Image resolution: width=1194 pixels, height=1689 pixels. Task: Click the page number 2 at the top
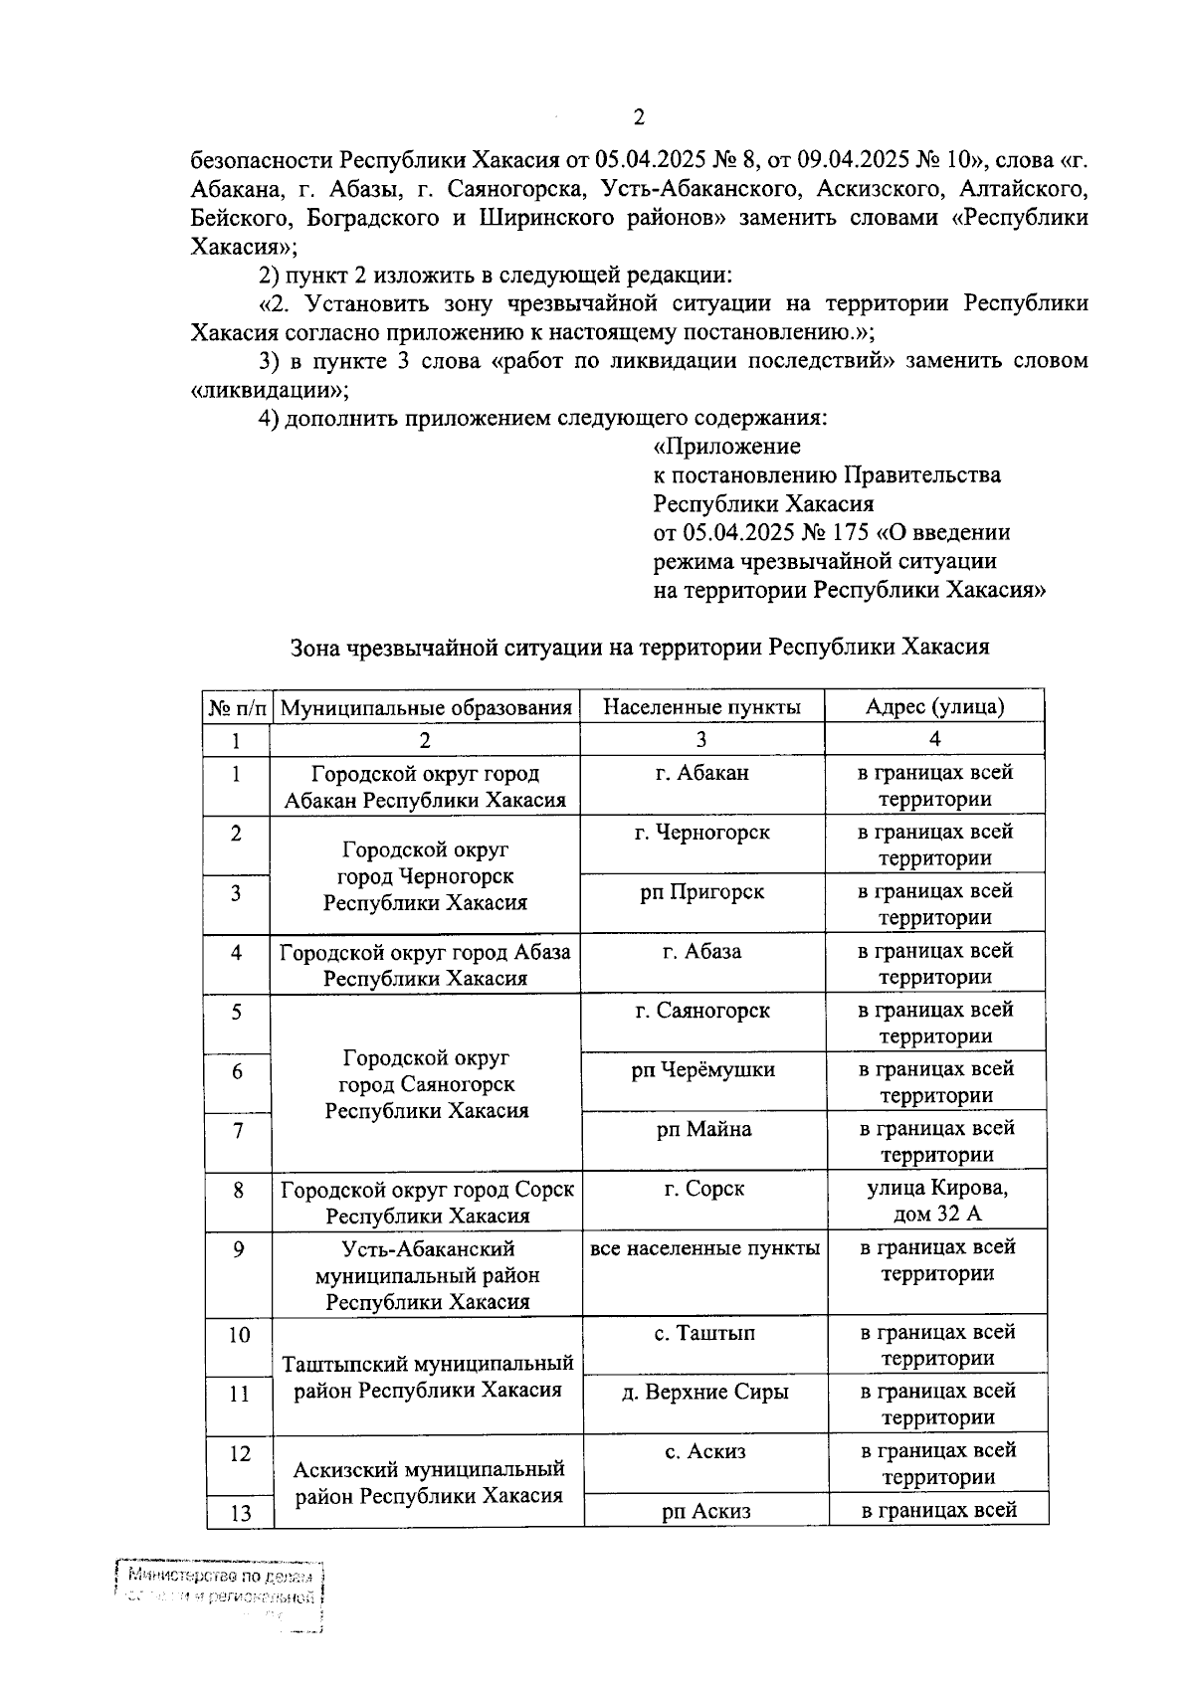point(639,117)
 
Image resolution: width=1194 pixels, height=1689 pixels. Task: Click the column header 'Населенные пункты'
point(701,707)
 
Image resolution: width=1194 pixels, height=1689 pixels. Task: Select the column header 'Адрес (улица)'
point(934,707)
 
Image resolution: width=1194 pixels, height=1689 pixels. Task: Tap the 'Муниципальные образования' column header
point(426,708)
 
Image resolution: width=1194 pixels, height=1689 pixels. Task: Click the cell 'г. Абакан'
point(701,773)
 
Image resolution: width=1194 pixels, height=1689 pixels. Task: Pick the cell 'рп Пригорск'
point(701,891)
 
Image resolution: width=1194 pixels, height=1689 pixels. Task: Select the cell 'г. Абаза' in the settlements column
point(701,951)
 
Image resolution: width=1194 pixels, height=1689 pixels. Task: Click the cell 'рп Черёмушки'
point(702,1070)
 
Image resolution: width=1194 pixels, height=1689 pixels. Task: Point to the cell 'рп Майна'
point(703,1129)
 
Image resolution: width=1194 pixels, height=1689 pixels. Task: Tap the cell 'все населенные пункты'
point(704,1247)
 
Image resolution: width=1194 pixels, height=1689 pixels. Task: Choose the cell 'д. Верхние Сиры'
point(704,1392)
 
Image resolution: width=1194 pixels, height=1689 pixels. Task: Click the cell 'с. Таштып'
point(704,1333)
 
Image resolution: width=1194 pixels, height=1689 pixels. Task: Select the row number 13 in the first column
point(240,1513)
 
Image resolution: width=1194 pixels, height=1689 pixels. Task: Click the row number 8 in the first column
point(238,1189)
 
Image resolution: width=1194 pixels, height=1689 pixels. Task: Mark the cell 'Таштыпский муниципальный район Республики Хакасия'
point(428,1377)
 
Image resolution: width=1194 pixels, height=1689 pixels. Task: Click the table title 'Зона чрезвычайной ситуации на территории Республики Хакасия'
point(639,648)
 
